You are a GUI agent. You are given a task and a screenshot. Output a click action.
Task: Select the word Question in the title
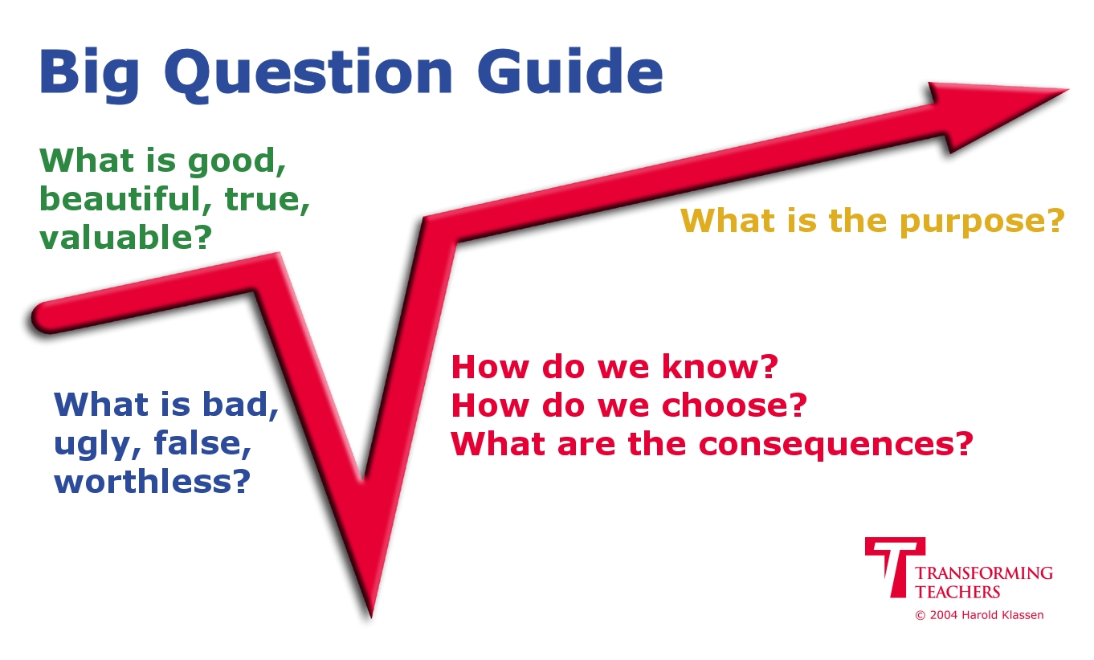point(308,74)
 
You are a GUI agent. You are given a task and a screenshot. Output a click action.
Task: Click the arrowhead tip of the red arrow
point(1068,90)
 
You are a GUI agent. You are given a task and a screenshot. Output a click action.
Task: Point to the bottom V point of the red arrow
point(370,617)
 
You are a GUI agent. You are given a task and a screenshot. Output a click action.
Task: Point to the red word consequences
point(829,445)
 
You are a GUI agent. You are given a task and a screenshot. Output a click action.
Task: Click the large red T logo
point(895,567)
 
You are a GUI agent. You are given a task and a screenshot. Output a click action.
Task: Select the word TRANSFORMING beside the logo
point(984,573)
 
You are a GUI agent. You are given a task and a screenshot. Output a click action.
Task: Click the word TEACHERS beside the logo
point(957,592)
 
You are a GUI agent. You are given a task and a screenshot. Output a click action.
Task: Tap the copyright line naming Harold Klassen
point(979,615)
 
